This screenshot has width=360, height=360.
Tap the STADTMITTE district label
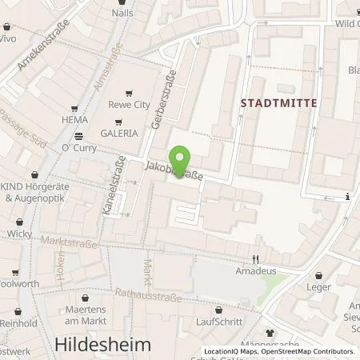tap(279, 102)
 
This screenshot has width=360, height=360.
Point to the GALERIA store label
tap(118, 134)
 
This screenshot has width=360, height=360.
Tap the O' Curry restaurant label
tap(78, 146)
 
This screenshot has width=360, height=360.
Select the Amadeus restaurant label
tap(255, 272)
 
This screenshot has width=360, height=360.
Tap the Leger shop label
tap(318, 287)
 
